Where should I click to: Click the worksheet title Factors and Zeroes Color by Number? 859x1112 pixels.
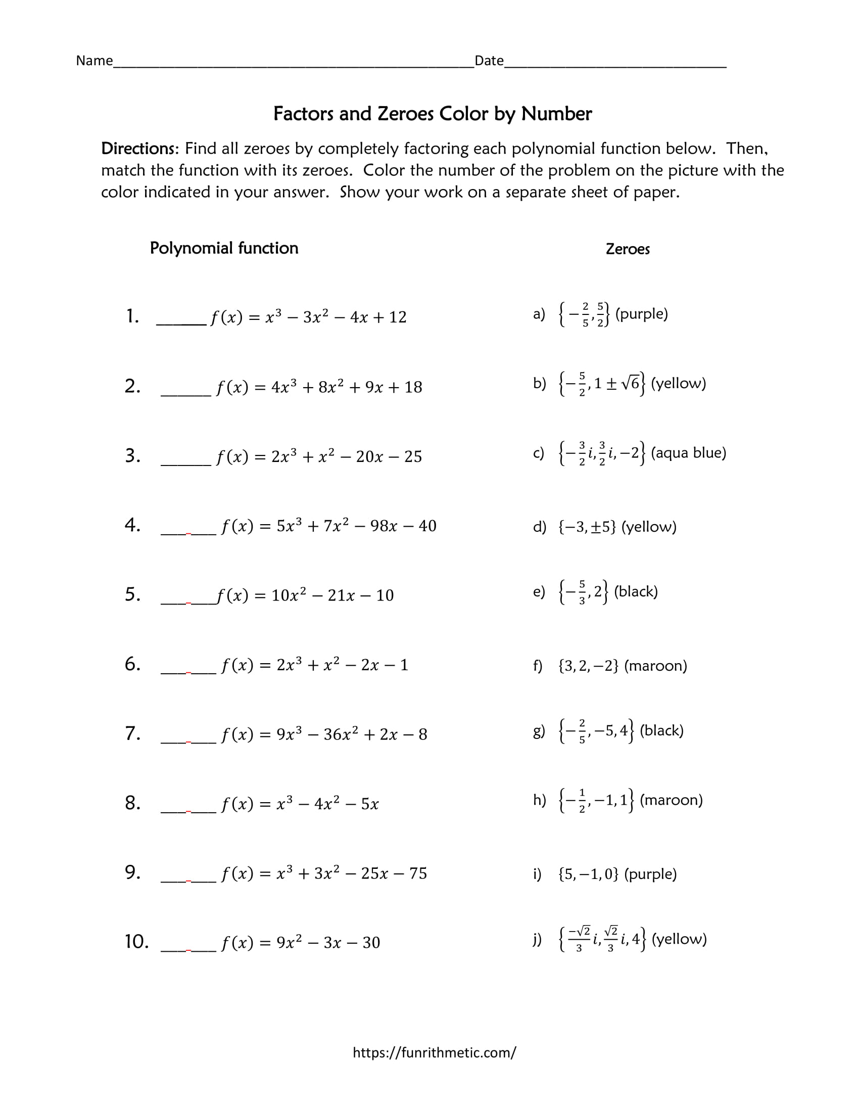tap(432, 114)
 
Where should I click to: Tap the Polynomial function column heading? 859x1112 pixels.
tap(224, 248)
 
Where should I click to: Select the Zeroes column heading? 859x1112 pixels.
tap(628, 249)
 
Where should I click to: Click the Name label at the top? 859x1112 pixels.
tap(94, 61)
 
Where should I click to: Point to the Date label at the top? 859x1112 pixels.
tap(489, 61)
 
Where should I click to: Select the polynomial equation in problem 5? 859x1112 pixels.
tap(305, 595)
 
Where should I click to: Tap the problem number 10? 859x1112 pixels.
tap(136, 942)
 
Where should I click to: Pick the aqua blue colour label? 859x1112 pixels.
tap(688, 453)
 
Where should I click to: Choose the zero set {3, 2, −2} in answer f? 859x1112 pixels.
tap(588, 666)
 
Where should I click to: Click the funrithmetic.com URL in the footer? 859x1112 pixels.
tap(434, 1052)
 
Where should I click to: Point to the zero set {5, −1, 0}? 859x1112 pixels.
tap(588, 874)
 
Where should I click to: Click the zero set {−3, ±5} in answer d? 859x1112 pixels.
tap(587, 527)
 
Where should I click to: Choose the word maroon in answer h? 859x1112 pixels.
tap(671, 800)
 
